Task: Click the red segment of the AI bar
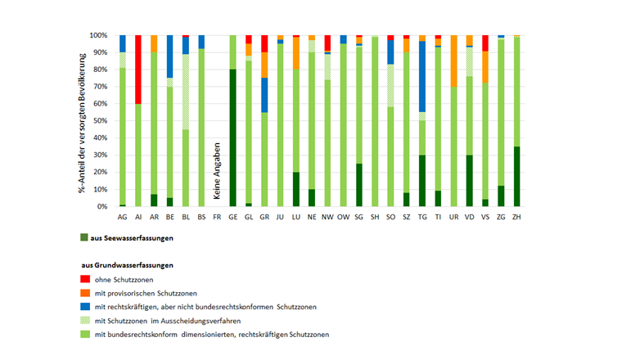(x=138, y=70)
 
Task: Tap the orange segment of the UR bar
(x=454, y=61)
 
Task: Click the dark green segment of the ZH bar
(x=516, y=176)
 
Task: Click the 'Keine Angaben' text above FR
(x=217, y=169)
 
